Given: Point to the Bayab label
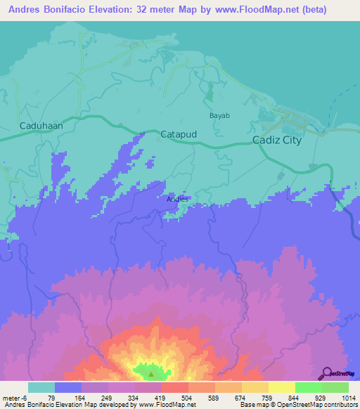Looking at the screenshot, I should (220, 115).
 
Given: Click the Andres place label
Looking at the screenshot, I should (177, 199).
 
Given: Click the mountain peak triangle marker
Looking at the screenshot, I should (150, 366).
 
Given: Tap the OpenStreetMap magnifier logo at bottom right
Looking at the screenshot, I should (326, 372).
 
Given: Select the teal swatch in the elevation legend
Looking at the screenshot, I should (41, 387).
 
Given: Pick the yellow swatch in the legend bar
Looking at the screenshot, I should (281, 387).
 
